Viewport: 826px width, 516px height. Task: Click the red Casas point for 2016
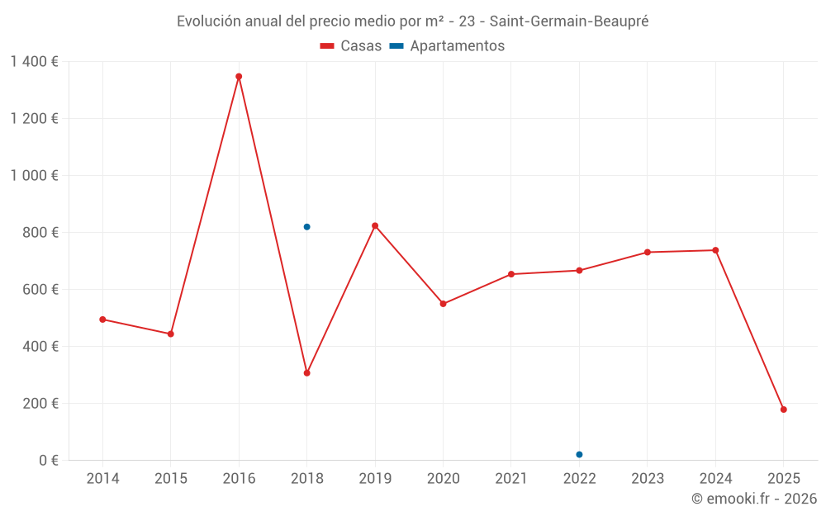point(239,77)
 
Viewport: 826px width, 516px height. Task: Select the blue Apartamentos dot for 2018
point(306,227)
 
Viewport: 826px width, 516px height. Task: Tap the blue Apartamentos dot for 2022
point(579,455)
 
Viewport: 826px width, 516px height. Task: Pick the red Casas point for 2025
point(783,409)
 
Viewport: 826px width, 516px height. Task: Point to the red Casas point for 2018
point(306,373)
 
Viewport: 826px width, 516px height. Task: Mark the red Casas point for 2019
point(375,225)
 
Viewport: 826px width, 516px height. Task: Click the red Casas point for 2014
point(102,320)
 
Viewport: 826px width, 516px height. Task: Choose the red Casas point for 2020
point(443,304)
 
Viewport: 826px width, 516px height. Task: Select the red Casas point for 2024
point(715,250)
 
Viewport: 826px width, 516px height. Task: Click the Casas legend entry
point(351,46)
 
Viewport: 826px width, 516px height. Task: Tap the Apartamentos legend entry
point(447,46)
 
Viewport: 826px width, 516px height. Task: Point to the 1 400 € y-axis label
point(34,61)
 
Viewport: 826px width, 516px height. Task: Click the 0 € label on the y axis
point(49,460)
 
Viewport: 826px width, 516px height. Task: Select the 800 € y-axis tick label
point(40,233)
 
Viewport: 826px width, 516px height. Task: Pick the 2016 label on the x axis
point(239,479)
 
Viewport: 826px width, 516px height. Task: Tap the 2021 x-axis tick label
point(511,479)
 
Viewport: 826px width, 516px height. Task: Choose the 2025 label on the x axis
point(783,479)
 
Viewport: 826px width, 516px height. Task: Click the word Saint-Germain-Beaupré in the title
point(569,21)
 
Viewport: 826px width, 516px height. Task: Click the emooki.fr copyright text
point(754,499)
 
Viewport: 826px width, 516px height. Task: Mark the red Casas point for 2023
point(648,253)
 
